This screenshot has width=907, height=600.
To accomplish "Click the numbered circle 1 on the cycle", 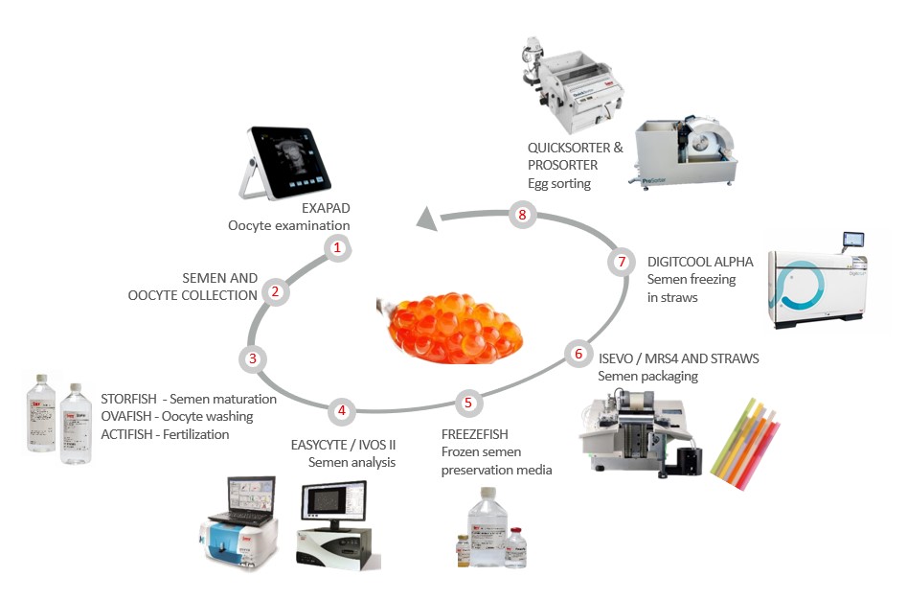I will coord(336,248).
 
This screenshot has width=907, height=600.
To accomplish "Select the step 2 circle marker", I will coord(275,291).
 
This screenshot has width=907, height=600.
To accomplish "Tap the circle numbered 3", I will coord(251,358).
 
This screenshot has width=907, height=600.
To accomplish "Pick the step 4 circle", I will coord(341,411).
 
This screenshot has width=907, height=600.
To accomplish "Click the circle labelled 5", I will coord(467,403).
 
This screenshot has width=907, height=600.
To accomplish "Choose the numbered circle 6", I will coord(577,353).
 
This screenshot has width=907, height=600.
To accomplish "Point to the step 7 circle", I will coord(621,261).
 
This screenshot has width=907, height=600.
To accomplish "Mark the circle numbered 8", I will coord(522,215).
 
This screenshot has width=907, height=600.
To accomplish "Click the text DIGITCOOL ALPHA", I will coord(700,262).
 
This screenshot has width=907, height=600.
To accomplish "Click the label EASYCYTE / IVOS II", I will coord(344,445).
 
